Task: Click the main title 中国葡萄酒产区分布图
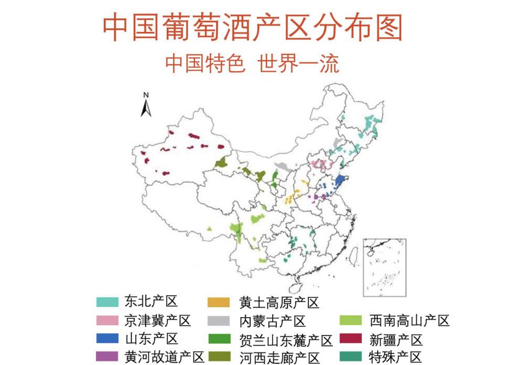[x=252, y=28]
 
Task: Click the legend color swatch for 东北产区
[x=107, y=302]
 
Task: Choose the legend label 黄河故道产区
[x=164, y=357]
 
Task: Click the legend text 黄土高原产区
[x=279, y=303]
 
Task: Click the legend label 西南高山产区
[x=409, y=320]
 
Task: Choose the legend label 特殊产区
[x=395, y=357]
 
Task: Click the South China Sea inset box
[x=384, y=267]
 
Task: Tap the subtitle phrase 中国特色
[x=205, y=64]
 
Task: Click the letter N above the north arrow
[x=146, y=95]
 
